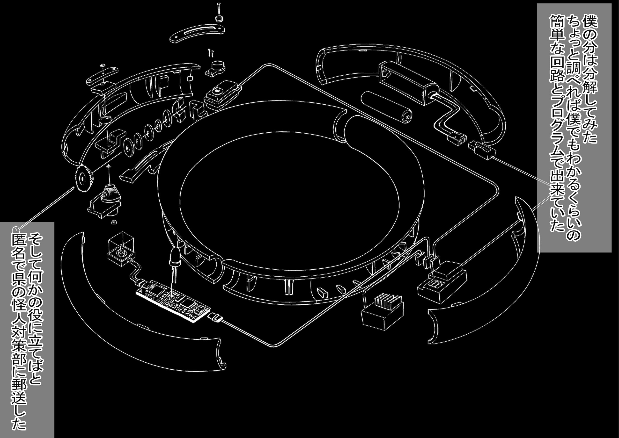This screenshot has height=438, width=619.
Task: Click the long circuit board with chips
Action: tap(173, 302)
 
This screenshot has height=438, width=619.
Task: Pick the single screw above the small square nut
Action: tap(219, 9)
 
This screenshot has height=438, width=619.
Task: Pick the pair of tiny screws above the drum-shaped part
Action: tap(211, 52)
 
